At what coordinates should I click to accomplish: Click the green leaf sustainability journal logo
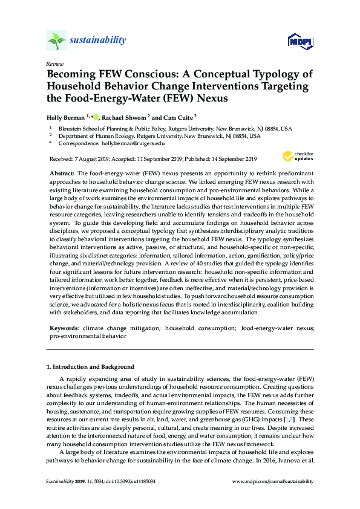click(56, 41)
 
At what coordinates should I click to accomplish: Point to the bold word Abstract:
click(62, 173)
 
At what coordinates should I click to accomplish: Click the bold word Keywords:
click(65, 327)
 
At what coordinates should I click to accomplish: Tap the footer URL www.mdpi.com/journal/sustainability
click(273, 481)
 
